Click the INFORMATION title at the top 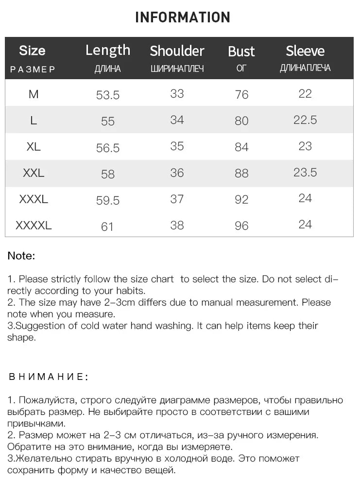pos(182,17)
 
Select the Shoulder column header pos(177,51)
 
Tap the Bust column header pos(241,51)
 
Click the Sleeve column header pos(305,51)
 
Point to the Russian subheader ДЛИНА pos(107,69)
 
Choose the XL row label pos(34,146)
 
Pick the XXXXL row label pos(34,225)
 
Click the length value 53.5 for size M pos(108,95)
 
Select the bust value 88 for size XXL pos(241,173)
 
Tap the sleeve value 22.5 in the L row pos(305,120)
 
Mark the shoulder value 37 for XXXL pos(177,199)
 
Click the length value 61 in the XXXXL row pos(107,226)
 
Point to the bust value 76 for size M pos(241,95)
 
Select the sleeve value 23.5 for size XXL pos(305,172)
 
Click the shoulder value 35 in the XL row pos(177,146)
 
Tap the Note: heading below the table pos(21,256)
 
